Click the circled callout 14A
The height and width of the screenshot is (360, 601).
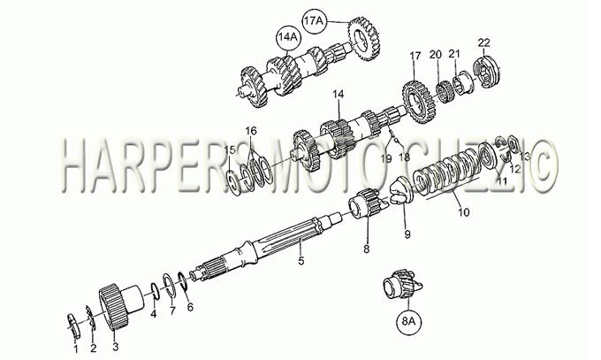click(x=288, y=38)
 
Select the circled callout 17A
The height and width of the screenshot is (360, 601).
click(x=314, y=21)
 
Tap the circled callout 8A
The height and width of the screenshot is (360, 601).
click(x=409, y=321)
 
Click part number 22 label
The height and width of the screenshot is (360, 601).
click(x=484, y=42)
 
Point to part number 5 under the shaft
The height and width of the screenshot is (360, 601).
click(x=300, y=261)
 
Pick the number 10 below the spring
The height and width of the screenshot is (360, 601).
click(x=463, y=212)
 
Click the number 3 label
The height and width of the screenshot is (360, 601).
click(x=116, y=347)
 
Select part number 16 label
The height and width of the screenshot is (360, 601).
click(x=251, y=131)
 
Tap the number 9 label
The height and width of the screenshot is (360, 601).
click(x=407, y=234)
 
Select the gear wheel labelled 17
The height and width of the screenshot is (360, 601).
click(x=418, y=101)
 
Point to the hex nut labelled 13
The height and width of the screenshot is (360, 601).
click(x=513, y=143)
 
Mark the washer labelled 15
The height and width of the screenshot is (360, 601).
click(x=233, y=180)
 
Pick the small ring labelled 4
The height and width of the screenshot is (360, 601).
click(x=155, y=290)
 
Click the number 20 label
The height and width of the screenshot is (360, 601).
click(x=435, y=54)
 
